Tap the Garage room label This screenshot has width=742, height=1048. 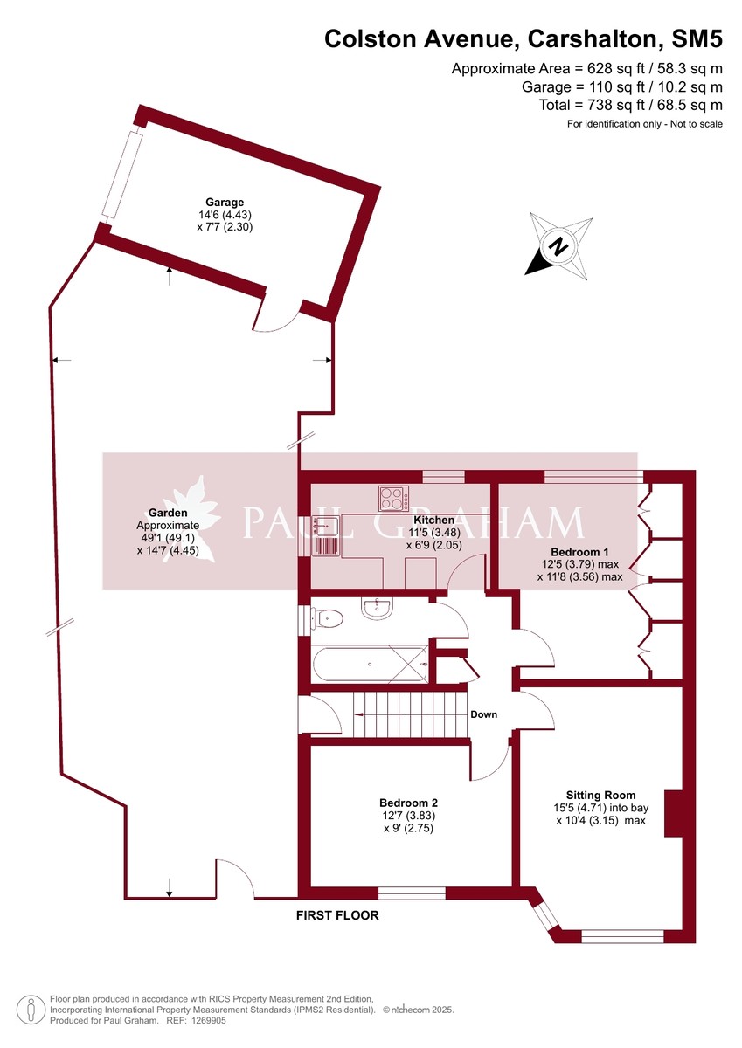225,202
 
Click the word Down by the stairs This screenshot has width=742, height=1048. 483,714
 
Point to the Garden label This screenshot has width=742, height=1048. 167,513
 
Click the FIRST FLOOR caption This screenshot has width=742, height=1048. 337,916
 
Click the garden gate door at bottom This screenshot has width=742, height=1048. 234,879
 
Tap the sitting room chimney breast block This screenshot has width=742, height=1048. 674,815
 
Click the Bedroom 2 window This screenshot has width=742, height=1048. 412,893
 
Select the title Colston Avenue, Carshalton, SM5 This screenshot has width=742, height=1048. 524,39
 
